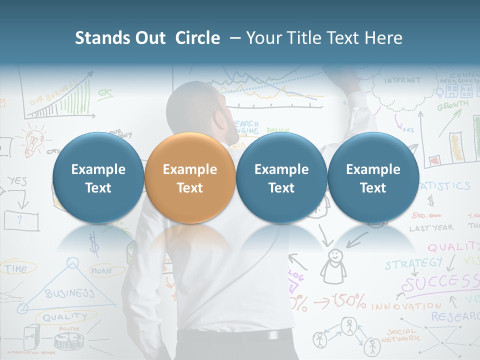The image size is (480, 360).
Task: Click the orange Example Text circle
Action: (189, 178)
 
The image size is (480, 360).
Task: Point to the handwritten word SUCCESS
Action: (440, 283)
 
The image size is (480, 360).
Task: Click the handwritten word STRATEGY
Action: (413, 263)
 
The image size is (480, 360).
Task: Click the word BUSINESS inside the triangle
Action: (70, 292)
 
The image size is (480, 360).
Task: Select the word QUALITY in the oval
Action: (64, 316)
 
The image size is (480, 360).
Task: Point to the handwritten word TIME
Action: (16, 269)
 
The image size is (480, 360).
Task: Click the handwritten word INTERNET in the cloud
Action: (402, 80)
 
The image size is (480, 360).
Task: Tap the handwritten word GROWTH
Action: (453, 105)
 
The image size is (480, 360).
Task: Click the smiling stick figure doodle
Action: (333, 265)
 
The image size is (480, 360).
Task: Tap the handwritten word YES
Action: (17, 181)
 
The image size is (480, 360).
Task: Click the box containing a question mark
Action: (21, 220)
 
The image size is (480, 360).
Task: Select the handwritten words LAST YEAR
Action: (431, 227)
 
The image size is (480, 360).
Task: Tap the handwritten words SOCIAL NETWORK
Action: (402, 335)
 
